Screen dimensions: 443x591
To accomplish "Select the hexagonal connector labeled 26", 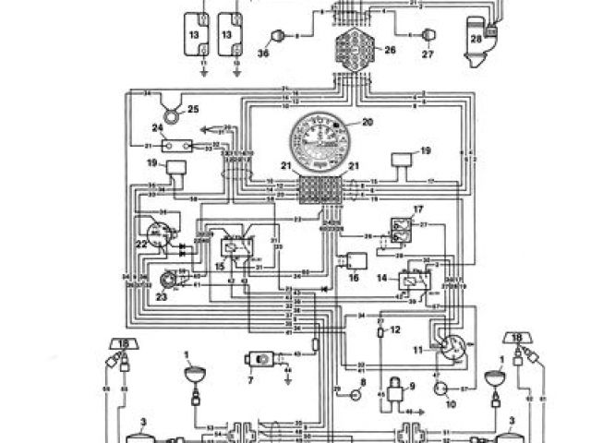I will (350, 46).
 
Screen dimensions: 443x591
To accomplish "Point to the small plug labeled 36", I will (273, 37).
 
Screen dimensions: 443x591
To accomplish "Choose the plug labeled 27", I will (427, 36).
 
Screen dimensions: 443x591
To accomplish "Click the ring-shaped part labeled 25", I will (170, 114).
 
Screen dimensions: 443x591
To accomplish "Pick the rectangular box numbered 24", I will (175, 146).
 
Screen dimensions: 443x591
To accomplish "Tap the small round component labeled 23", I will (167, 280).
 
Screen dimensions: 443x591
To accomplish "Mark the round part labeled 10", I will (441, 391).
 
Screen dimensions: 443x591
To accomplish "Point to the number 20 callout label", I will (368, 122).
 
